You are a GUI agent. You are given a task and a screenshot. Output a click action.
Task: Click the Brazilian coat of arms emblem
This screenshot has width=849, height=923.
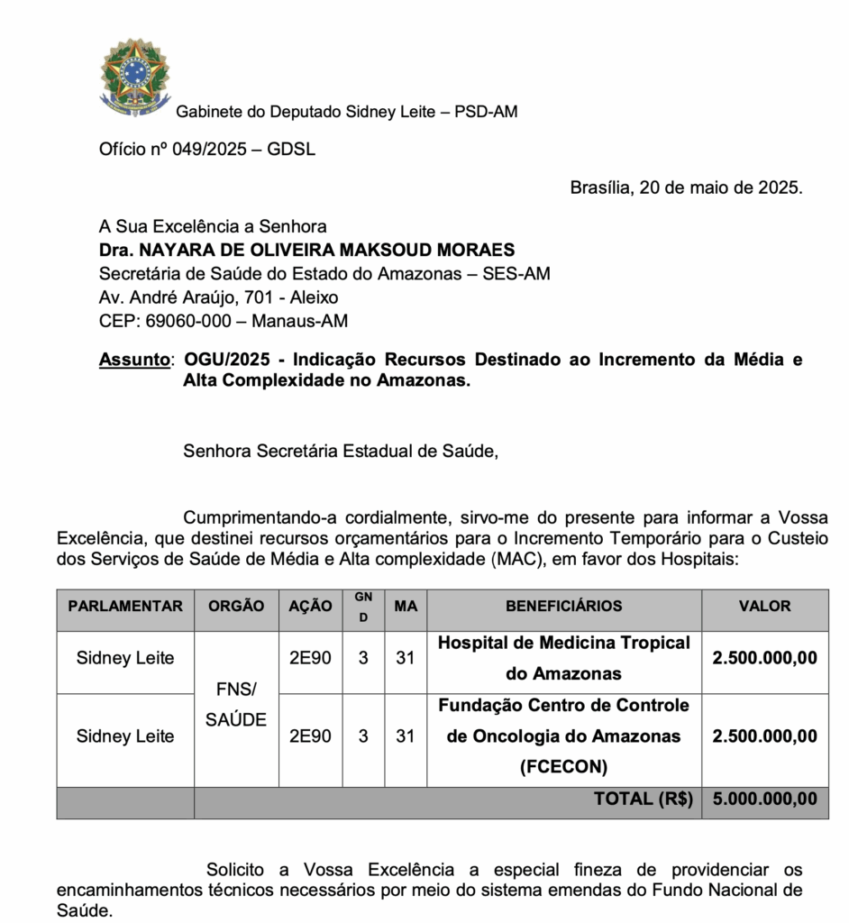[x=134, y=77]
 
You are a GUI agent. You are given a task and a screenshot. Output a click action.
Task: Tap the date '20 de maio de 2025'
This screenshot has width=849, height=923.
[x=720, y=187]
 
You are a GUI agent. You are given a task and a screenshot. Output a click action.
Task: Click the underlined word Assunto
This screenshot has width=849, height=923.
[x=134, y=360]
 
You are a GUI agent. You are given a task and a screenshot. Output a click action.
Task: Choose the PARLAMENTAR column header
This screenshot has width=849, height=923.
[x=125, y=607]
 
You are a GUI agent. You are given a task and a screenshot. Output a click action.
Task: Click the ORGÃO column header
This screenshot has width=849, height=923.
[x=236, y=607]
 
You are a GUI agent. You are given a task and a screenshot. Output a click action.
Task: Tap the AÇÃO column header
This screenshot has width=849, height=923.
[x=310, y=607]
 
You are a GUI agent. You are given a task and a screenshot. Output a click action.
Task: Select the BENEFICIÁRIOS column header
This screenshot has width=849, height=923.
[x=563, y=607]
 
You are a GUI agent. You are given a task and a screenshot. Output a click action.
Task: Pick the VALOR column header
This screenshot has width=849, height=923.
[x=764, y=607]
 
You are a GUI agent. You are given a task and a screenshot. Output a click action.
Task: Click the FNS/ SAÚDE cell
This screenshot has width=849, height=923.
[x=236, y=705]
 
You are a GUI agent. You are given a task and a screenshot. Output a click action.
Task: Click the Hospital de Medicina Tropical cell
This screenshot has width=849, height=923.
[x=563, y=658]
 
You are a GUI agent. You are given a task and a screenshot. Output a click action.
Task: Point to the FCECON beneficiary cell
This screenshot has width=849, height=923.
[x=563, y=736]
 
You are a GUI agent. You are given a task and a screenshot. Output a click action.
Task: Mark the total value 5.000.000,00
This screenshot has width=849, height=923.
[x=764, y=799]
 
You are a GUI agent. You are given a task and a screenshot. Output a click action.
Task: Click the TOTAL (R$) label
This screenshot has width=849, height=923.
[x=643, y=799]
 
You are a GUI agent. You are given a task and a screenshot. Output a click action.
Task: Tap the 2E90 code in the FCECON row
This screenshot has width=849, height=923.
[x=310, y=736]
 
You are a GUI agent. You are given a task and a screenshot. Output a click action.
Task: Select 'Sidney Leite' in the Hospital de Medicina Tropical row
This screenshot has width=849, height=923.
[x=125, y=658]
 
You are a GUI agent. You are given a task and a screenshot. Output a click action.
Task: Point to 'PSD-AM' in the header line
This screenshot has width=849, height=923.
[x=486, y=112]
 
